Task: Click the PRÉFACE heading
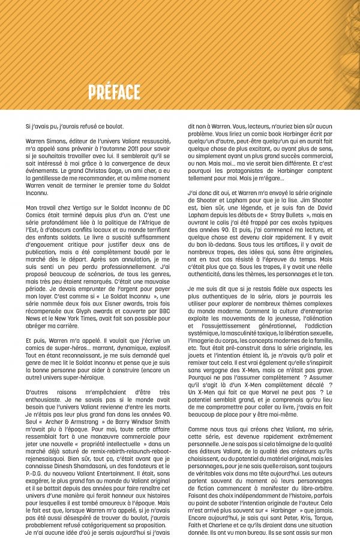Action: [114, 92]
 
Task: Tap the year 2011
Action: [131, 149]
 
